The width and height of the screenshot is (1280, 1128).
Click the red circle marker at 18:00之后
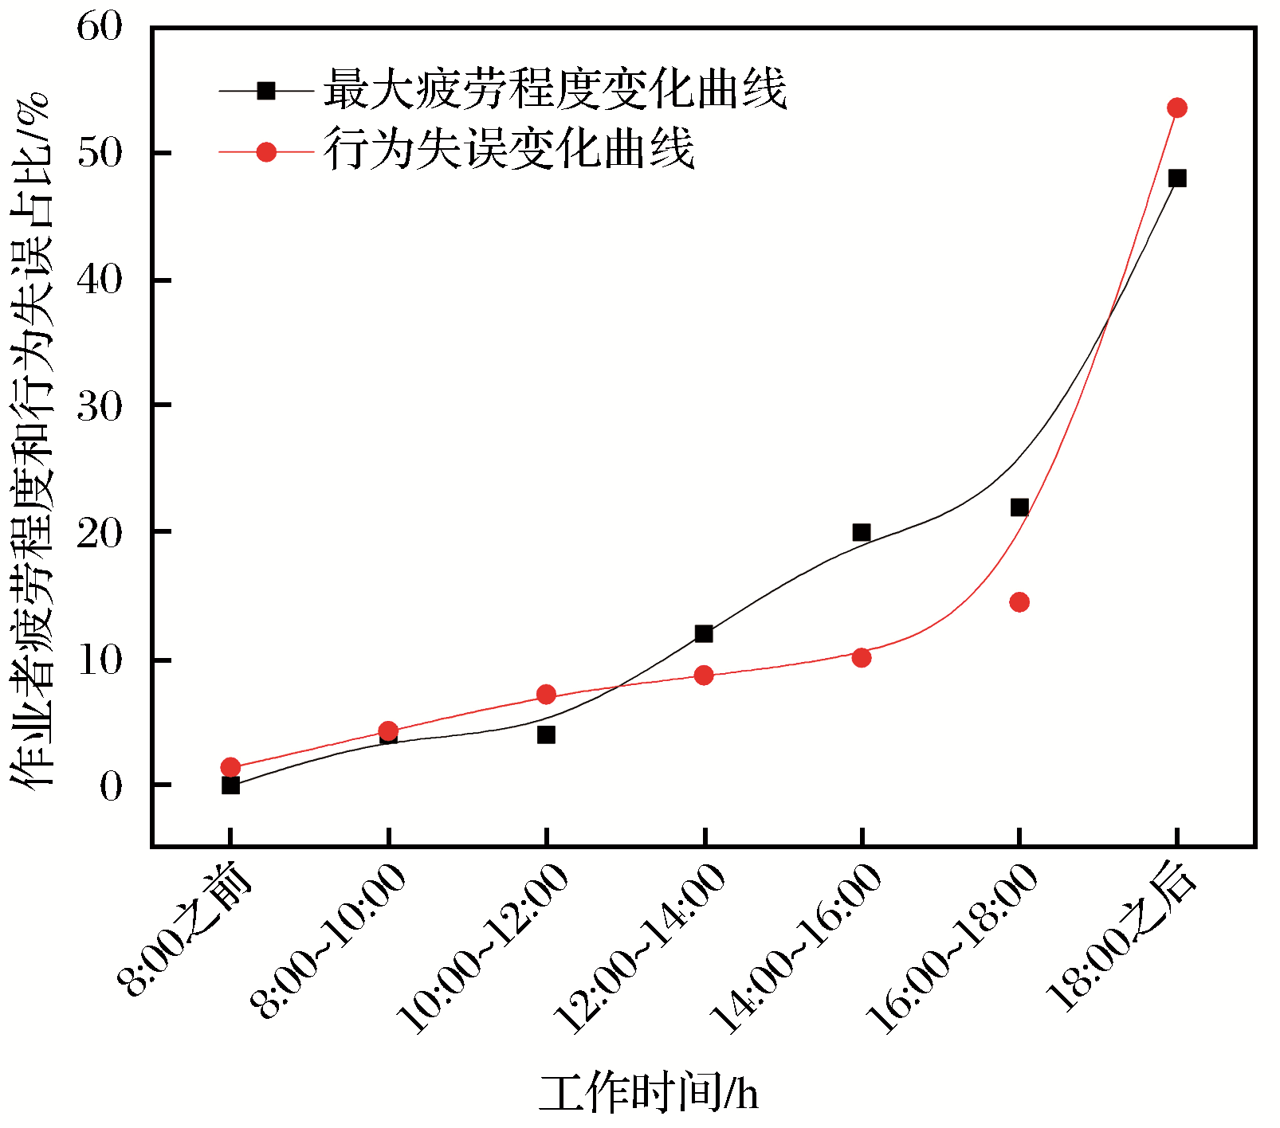pos(1176,108)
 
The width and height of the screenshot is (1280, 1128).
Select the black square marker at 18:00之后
pos(1176,178)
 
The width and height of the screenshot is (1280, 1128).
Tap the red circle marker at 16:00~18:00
pos(1019,601)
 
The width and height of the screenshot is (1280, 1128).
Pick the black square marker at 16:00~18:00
pos(1019,507)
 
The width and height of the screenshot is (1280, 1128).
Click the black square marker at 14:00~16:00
pos(861,532)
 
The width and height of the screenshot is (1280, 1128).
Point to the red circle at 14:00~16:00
pos(861,657)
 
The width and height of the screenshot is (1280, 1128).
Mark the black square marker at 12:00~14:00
pos(703,633)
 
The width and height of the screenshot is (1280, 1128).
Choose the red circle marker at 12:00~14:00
pos(703,676)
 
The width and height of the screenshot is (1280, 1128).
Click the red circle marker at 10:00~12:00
pos(546,695)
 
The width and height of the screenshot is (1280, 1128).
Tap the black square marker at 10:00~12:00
pos(546,734)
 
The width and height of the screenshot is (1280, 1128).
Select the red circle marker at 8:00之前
pos(230,767)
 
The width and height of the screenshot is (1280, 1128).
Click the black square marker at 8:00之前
pos(230,785)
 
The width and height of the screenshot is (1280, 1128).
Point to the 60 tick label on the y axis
pos(100,27)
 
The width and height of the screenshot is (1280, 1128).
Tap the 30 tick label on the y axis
pos(100,406)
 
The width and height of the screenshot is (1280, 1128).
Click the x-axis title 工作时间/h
pos(648,1093)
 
